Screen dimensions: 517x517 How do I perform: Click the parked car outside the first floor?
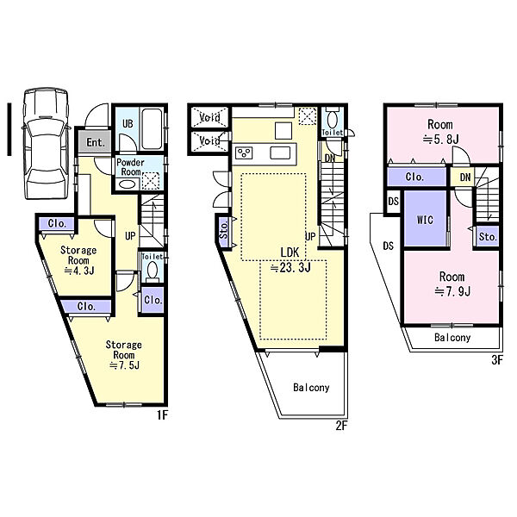pos(47,143)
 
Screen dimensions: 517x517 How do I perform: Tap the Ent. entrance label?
pos(96,142)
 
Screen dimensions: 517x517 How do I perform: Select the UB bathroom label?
pos(128,123)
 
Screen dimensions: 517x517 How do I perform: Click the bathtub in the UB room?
pos(152,129)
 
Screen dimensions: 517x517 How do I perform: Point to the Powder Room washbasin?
pos(128,184)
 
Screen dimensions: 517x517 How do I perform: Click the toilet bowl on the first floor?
pos(152,271)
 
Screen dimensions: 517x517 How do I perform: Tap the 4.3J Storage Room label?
pos(78,260)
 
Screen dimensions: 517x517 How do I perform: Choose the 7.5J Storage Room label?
pos(123,355)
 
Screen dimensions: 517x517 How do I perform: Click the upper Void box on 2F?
pos(209,117)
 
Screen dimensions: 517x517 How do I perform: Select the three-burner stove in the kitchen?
pos(245,153)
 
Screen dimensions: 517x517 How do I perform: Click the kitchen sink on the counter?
pos(280,153)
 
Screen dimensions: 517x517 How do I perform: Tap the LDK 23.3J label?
pos(290,260)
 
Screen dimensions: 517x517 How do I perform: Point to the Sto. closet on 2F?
pos(224,229)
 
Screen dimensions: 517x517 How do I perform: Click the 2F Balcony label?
pos(311,388)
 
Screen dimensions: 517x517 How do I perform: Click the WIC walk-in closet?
pos(426,219)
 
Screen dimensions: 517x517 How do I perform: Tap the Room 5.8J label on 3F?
pos(440,132)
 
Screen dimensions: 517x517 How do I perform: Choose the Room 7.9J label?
pos(452,283)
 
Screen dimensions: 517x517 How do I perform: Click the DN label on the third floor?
pos(465,178)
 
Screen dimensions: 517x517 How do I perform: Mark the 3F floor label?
pos(497,359)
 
